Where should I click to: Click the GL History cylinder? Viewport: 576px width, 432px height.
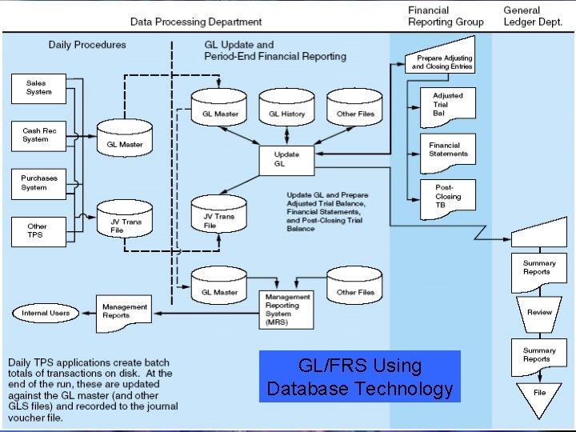[286, 109]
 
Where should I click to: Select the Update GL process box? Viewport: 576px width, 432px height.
[286, 159]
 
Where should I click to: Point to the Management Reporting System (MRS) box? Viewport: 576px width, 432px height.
[287, 309]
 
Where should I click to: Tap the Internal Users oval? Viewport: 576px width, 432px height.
[46, 313]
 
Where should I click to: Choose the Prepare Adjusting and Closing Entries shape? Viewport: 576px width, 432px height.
[442, 62]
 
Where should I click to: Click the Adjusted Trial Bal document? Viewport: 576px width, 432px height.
[447, 105]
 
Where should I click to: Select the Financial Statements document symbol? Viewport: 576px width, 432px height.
[447, 151]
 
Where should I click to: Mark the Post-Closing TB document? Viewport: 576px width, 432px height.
[447, 196]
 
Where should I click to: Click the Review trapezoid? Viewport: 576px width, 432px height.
[539, 312]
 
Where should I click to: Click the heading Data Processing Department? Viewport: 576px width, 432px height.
[196, 22]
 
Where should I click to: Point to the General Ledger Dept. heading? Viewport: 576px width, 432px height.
[533, 16]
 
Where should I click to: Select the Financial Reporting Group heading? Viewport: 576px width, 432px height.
[446, 16]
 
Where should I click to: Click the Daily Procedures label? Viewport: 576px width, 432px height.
[87, 45]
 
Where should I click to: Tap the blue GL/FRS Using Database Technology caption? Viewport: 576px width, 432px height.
[360, 378]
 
